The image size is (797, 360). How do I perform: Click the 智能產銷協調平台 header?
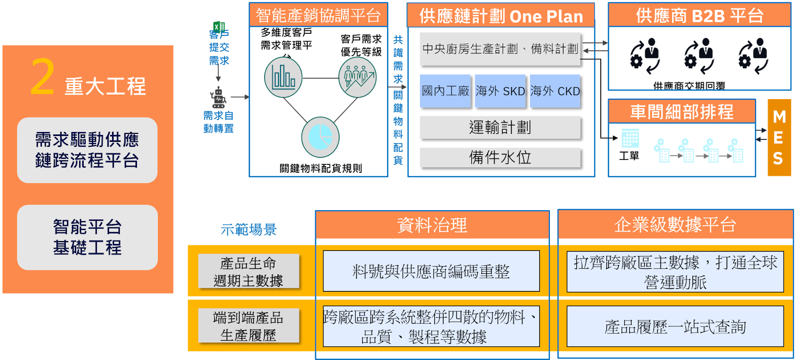pos(318,15)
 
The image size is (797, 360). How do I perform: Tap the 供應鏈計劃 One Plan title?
pos(501,16)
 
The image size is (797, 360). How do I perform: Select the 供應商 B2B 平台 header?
pos(699,15)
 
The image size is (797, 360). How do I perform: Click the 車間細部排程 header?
pos(681,112)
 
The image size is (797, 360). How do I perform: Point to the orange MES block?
pos(779,137)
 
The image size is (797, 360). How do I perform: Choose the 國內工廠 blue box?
pos(445,91)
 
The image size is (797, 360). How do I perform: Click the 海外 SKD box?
pos(500,91)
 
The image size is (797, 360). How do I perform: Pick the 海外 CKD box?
pos(555,91)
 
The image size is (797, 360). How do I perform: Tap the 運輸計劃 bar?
pos(500,127)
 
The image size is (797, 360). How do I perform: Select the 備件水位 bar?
pos(500,157)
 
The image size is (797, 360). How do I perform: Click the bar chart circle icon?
pos(283,77)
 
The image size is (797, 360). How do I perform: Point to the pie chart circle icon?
pos(320,137)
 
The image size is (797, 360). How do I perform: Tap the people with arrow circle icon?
pos(358,77)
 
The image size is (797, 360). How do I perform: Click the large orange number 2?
pos(42,77)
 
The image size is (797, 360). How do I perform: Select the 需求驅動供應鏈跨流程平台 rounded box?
pos(87,150)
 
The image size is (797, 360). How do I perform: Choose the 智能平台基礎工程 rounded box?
pos(87,237)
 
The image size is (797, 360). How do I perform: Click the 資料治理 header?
pos(432,225)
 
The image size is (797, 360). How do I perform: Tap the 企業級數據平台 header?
pos(675,225)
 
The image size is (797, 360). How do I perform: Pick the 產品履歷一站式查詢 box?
pos(675,327)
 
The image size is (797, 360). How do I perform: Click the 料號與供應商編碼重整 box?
pos(431,271)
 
